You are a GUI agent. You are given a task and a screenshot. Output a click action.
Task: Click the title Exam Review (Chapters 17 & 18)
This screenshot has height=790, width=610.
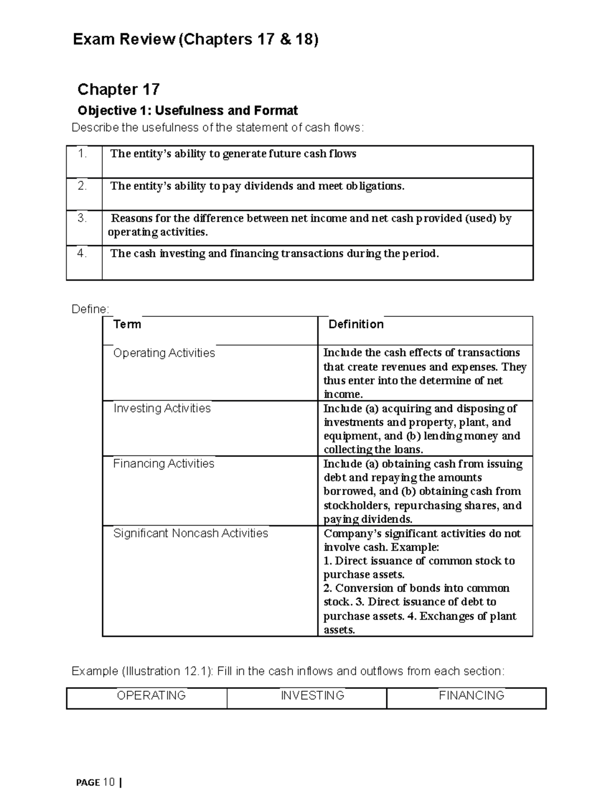[x=196, y=40]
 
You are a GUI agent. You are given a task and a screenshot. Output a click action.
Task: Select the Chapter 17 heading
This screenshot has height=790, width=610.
[x=118, y=90]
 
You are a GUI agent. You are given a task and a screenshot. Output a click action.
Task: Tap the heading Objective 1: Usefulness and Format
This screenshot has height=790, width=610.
[x=187, y=110]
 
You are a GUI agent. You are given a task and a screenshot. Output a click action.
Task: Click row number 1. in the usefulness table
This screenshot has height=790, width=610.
[x=82, y=154]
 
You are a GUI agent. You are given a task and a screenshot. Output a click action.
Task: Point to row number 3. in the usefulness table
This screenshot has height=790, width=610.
[x=82, y=218]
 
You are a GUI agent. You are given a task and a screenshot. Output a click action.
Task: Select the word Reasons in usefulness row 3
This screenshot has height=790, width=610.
[x=131, y=219]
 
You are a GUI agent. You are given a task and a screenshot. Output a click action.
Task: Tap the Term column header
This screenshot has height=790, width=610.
[x=127, y=325]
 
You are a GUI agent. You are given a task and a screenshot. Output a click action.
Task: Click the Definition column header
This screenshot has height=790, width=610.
[x=356, y=325]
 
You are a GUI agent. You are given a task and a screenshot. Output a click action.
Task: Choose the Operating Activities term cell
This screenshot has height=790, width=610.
[x=164, y=353]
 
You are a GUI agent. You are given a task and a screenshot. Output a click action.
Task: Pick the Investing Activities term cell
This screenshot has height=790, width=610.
[x=162, y=408]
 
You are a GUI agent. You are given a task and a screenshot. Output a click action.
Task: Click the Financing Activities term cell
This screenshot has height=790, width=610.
[x=163, y=464]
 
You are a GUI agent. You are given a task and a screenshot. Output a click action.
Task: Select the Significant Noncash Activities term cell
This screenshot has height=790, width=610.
[x=190, y=533]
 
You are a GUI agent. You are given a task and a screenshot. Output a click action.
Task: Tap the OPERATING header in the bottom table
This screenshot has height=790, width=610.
[x=151, y=695]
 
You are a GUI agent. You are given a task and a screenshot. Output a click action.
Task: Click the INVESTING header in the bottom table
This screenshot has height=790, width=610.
[x=312, y=695]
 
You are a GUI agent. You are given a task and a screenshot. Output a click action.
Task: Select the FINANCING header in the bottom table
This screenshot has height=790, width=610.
[x=471, y=695]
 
